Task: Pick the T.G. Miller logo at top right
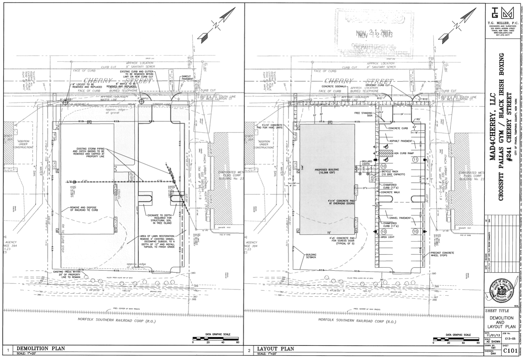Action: (x=502, y=14)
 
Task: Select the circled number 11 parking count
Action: (x=415, y=159)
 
